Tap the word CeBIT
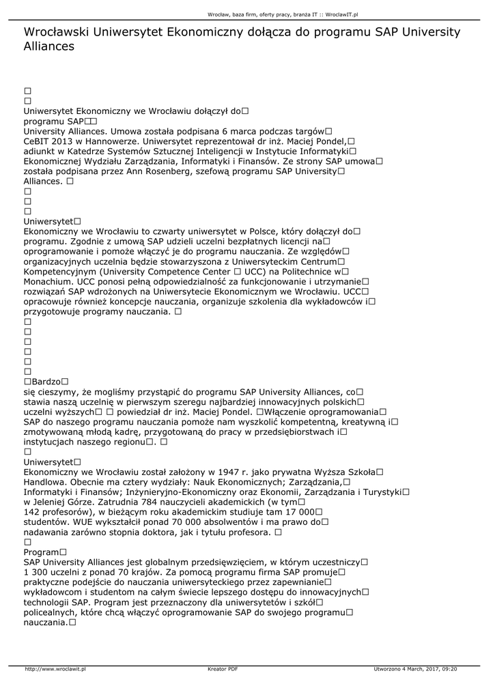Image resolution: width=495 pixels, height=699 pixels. tap(37, 141)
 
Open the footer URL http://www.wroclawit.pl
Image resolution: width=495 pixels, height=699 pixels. tap(55, 669)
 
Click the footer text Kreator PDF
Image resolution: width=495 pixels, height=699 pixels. tap(223, 669)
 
